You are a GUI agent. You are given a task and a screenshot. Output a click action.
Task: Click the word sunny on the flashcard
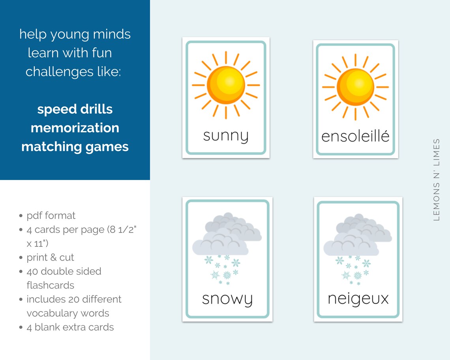[225, 136]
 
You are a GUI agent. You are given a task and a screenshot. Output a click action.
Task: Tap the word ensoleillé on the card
[355, 136]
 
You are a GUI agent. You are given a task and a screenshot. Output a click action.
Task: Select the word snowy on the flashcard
[227, 299]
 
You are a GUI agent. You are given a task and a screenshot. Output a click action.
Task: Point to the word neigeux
[358, 298]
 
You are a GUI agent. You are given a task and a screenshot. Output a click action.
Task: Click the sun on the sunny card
[226, 85]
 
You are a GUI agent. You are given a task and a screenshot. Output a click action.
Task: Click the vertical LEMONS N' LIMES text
[436, 179]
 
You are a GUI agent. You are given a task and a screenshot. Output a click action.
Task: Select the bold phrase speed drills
[75, 109]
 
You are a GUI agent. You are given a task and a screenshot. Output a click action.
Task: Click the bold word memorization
[75, 127]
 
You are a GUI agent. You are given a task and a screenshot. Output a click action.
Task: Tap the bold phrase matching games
[75, 146]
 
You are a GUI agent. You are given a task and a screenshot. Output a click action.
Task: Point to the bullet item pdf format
[51, 216]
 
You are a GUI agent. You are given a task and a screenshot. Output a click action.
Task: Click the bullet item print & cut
[50, 257]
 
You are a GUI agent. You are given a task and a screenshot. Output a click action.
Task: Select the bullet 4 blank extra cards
[70, 327]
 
